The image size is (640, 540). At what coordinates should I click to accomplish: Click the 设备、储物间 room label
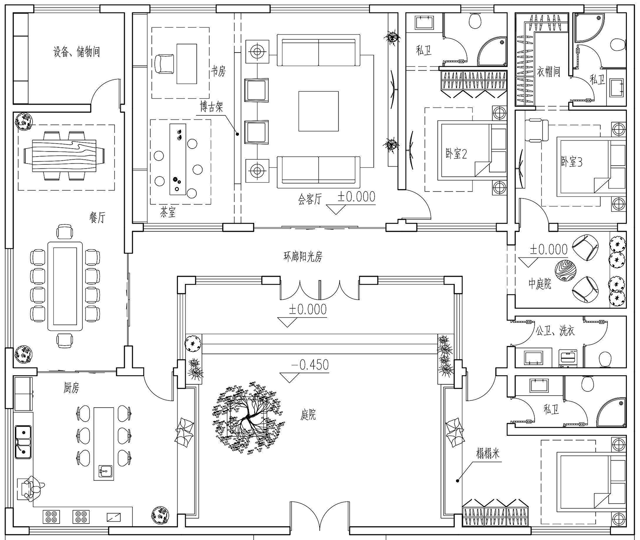[76, 52]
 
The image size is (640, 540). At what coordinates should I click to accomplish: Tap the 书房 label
[218, 71]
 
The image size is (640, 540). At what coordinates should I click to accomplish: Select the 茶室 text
[168, 212]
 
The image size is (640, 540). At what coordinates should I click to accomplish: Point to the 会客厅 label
[310, 200]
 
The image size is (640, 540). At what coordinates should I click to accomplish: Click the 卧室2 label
[457, 153]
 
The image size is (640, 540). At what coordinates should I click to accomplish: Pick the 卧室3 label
[572, 162]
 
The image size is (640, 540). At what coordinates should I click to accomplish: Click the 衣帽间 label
[548, 72]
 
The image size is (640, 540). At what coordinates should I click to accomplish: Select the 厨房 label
[71, 388]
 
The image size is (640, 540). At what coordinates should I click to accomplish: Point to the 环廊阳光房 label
[303, 257]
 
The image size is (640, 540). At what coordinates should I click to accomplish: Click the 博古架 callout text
[212, 107]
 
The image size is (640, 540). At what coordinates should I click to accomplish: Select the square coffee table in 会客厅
[319, 111]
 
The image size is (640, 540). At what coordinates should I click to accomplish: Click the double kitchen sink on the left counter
[23, 442]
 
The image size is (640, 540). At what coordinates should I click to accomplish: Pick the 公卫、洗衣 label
[555, 331]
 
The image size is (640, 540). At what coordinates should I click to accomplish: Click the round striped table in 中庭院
[565, 271]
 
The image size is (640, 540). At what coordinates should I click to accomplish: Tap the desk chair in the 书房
[164, 64]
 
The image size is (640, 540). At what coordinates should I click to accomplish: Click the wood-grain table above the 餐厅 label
[64, 156]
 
